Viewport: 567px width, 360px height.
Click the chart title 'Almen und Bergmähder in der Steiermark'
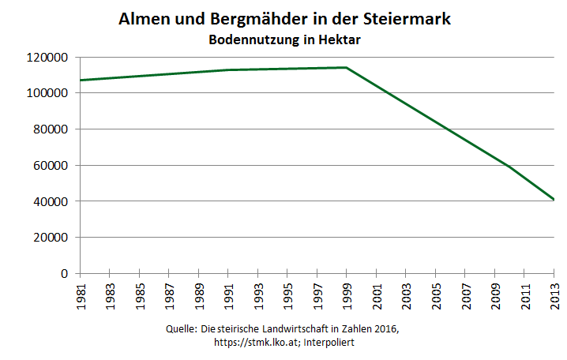(x=284, y=19)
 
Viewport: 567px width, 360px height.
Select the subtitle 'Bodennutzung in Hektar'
(x=284, y=39)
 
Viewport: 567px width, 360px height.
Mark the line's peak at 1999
(x=347, y=68)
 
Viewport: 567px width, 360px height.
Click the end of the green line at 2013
(x=554, y=200)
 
